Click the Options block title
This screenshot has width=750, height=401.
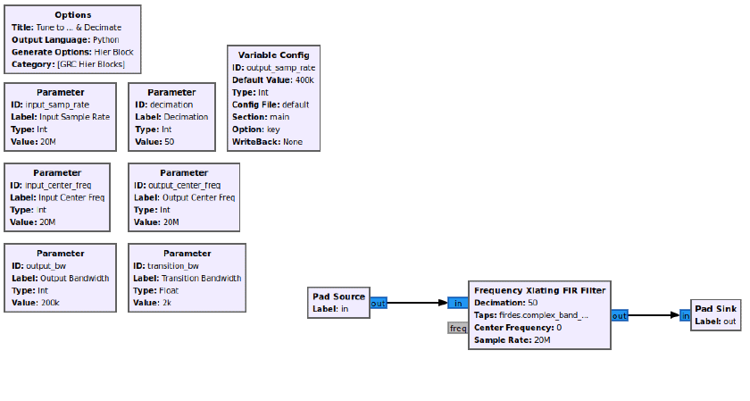72,15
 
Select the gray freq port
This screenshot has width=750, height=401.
458,329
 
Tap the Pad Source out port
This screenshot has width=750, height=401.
378,304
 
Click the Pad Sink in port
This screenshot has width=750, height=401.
686,316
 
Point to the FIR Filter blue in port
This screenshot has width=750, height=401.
458,303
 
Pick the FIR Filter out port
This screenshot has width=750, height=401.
620,316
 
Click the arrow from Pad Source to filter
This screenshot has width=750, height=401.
417,303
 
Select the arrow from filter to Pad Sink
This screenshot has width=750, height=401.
654,315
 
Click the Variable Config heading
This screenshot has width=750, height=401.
273,55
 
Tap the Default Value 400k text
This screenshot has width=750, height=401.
273,79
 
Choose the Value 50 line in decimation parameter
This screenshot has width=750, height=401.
154,142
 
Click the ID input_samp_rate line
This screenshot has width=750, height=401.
50,104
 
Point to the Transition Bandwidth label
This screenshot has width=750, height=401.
187,278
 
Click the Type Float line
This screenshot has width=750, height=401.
156,290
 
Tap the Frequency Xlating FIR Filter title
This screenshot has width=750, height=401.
539,290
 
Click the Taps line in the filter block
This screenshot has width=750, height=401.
531,315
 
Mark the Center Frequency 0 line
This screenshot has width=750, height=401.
518,328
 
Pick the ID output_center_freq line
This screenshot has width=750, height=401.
177,185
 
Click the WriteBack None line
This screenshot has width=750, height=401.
267,142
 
